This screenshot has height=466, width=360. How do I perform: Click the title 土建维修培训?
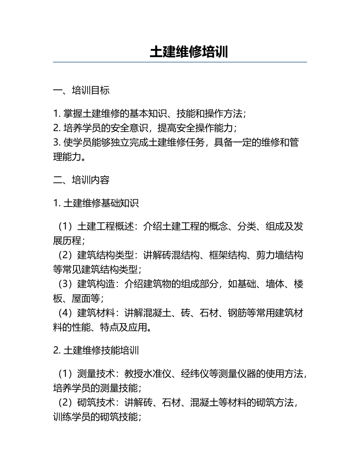pyautogui.click(x=189, y=52)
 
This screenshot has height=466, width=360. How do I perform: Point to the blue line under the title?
pyautogui.click(x=180, y=62)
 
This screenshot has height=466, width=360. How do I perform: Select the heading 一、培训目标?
pyautogui.click(x=81, y=90)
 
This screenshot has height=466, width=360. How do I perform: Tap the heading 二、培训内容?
pyautogui.click(x=81, y=180)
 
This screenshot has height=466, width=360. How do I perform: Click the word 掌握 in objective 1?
pyautogui.click(x=72, y=113)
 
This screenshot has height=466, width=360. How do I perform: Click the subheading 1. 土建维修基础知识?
pyautogui.click(x=96, y=203)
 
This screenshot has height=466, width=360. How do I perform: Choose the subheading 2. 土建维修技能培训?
pyautogui.click(x=96, y=350)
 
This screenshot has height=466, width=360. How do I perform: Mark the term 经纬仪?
pyautogui.click(x=195, y=374)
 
